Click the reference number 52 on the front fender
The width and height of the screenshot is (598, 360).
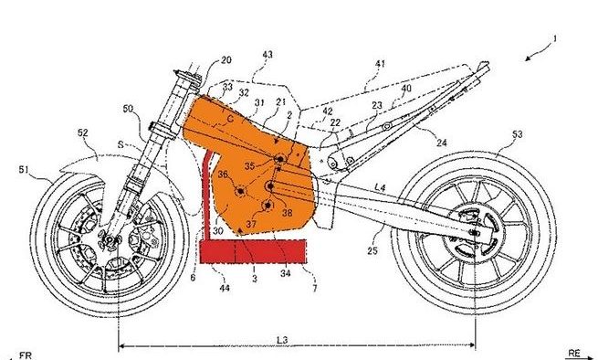(83, 132)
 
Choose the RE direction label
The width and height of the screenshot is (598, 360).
(572, 351)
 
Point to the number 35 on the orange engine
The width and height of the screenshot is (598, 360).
(250, 166)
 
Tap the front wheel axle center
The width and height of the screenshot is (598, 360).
(109, 241)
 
